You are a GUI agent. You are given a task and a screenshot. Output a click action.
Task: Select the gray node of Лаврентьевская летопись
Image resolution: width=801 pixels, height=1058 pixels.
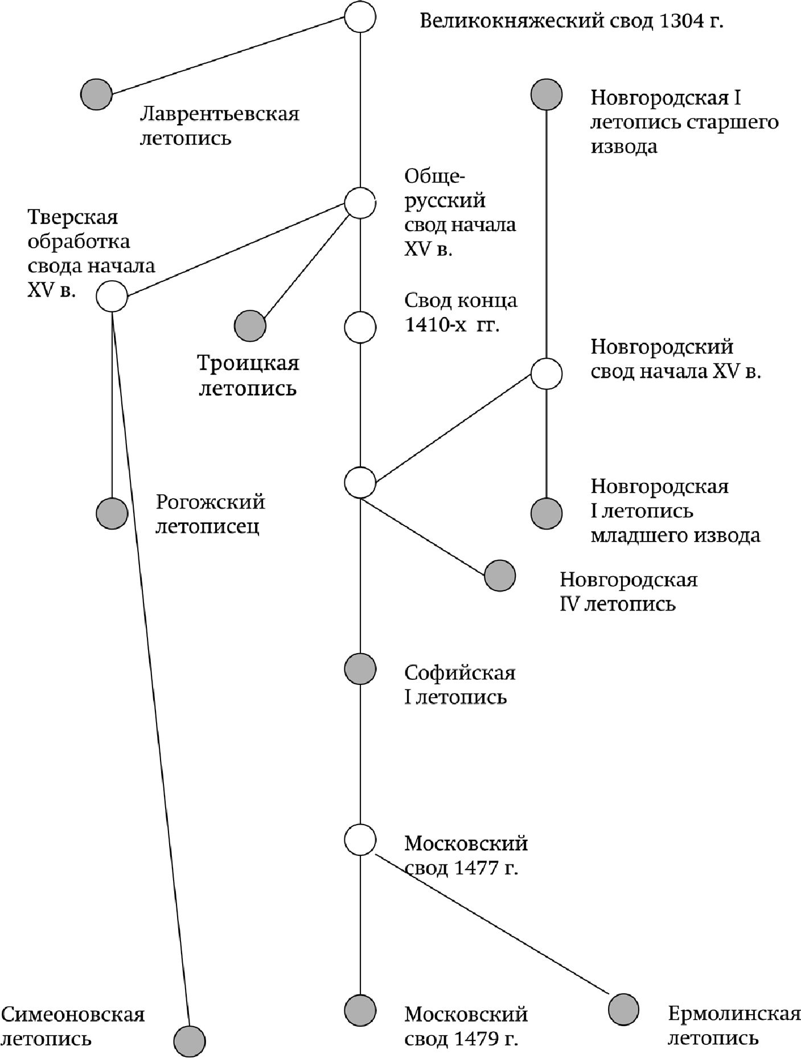pos(96,94)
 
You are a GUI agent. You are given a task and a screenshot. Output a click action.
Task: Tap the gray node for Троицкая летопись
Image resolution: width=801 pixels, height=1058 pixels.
pos(250,326)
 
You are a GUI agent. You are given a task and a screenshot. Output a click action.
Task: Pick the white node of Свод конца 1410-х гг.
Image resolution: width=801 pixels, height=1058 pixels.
pos(360,327)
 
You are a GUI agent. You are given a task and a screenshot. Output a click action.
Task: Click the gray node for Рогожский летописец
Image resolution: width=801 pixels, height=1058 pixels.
pos(112,513)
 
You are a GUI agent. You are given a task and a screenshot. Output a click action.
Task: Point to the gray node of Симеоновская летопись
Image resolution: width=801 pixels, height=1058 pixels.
pos(189,1041)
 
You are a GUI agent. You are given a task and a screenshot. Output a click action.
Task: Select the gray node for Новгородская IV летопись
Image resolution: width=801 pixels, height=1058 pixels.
pos(500,576)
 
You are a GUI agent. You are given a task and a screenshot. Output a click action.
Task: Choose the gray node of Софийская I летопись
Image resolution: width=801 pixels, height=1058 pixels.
pos(360,669)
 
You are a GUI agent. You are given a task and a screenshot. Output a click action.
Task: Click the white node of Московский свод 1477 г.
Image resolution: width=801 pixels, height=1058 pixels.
pos(360,839)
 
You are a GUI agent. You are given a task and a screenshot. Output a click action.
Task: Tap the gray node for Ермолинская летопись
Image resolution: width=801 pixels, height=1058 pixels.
pos(623,1010)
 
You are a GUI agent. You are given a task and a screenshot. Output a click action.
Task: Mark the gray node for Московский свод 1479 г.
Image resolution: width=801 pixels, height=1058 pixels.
pos(360,1010)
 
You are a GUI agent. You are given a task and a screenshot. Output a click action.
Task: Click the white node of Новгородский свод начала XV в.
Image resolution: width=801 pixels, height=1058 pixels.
pos(547,374)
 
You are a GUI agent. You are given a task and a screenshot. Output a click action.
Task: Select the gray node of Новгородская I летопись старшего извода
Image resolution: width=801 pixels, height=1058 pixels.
pos(547,94)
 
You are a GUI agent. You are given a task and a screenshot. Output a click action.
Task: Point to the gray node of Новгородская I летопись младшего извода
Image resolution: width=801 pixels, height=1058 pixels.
pos(547,513)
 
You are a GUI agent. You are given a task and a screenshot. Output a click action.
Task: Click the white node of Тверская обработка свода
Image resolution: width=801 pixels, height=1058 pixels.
pos(112,296)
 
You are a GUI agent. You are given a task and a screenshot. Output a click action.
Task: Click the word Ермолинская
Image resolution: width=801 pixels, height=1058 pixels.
pos(734,1014)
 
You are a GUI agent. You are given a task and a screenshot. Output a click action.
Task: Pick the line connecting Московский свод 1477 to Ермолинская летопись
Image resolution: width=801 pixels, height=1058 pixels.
pos(492,925)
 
